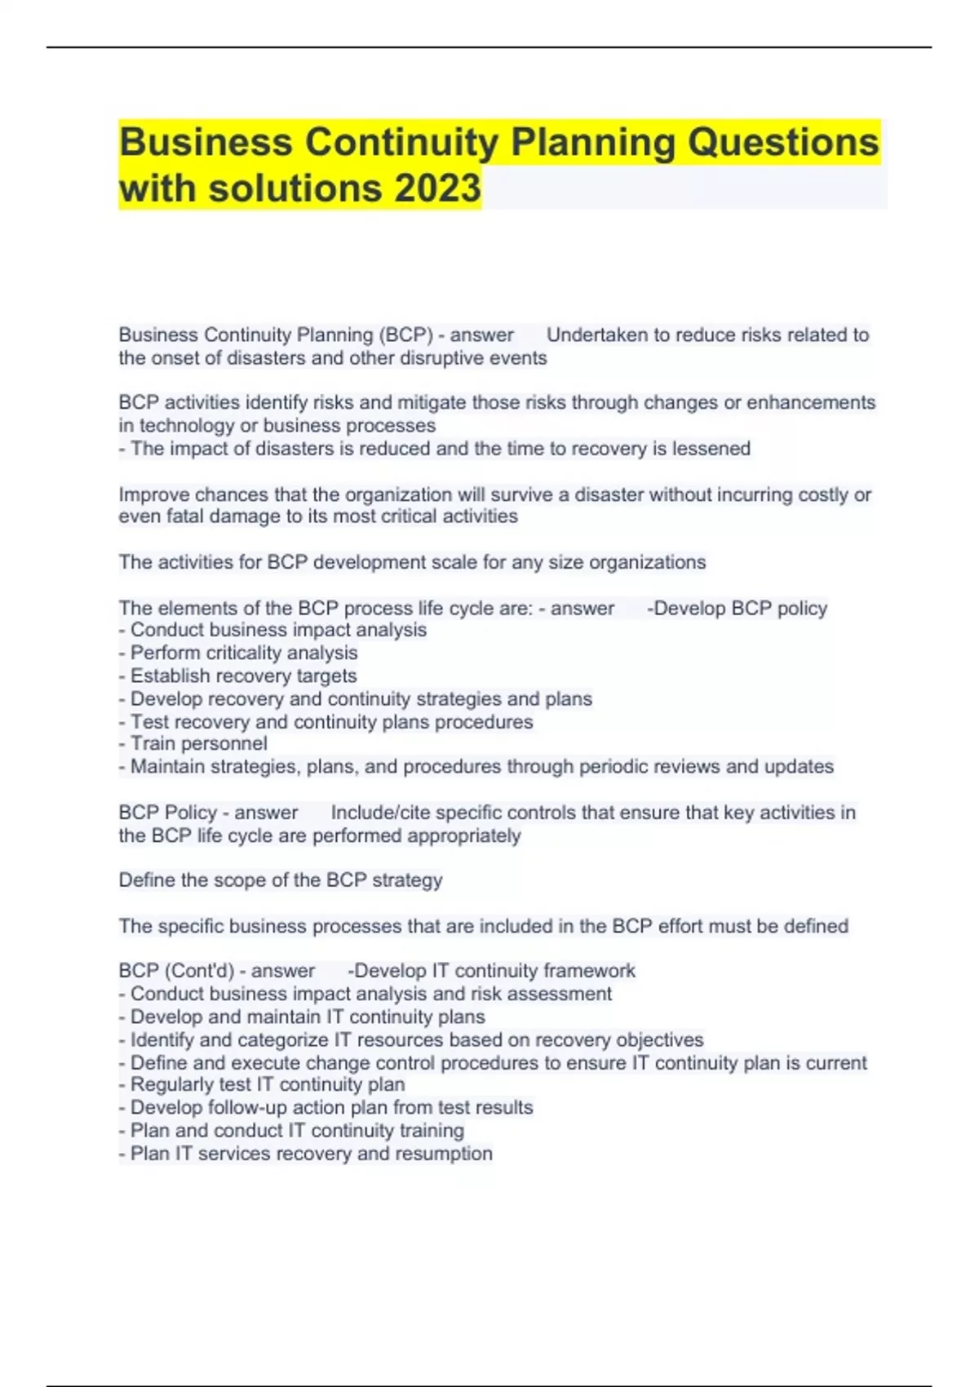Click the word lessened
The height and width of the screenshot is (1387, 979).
click(711, 448)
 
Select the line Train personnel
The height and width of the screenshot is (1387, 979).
click(193, 743)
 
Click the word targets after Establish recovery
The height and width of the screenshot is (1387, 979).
click(326, 676)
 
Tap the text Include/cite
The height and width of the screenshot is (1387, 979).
click(380, 813)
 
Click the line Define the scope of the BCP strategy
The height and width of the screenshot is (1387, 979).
click(281, 880)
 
